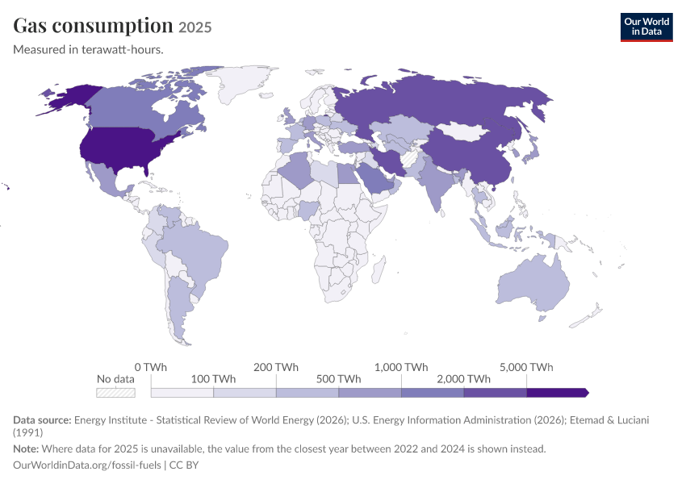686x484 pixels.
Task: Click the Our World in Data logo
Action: [x=646, y=27]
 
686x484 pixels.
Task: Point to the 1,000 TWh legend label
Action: [x=401, y=367]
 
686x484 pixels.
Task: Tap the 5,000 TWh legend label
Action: [x=526, y=367]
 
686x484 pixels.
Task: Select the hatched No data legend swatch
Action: [x=115, y=393]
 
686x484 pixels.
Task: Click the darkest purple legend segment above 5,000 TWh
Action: [x=558, y=393]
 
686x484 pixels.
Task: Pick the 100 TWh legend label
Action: [x=213, y=379]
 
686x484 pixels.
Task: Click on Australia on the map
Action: [x=533, y=284]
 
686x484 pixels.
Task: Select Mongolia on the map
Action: [x=463, y=131]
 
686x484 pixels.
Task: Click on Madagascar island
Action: [x=378, y=269]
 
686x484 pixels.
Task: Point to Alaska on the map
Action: [x=70, y=98]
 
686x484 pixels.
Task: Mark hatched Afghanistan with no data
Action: [x=410, y=158]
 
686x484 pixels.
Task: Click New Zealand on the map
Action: [x=586, y=317]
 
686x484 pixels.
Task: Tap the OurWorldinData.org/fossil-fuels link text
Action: [x=87, y=465]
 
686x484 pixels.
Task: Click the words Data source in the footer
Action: [x=42, y=419]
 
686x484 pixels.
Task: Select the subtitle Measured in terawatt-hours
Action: [x=88, y=49]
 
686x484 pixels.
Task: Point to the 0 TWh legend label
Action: [x=150, y=367]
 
